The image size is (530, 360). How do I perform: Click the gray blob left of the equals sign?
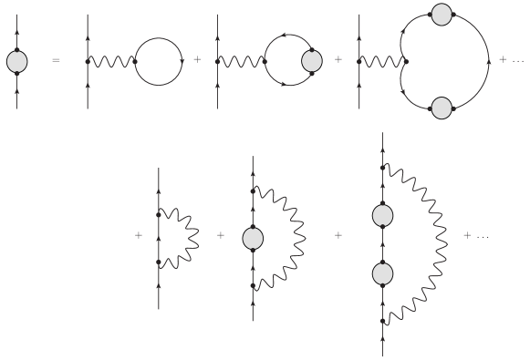point(17,61)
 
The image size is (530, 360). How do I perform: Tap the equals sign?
point(56,61)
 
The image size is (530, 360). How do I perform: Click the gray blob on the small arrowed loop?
point(312,61)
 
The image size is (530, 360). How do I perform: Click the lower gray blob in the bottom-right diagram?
point(383,273)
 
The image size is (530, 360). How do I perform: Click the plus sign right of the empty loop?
point(197,61)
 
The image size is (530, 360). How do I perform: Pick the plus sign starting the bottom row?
point(139,236)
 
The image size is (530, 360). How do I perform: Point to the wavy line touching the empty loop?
point(111,61)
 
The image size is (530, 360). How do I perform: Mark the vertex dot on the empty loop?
point(135,61)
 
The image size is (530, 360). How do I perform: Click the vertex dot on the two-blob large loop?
point(405,61)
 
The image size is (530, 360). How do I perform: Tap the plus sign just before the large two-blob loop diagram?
point(338,61)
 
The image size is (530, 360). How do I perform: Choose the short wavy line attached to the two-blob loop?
point(381,61)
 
